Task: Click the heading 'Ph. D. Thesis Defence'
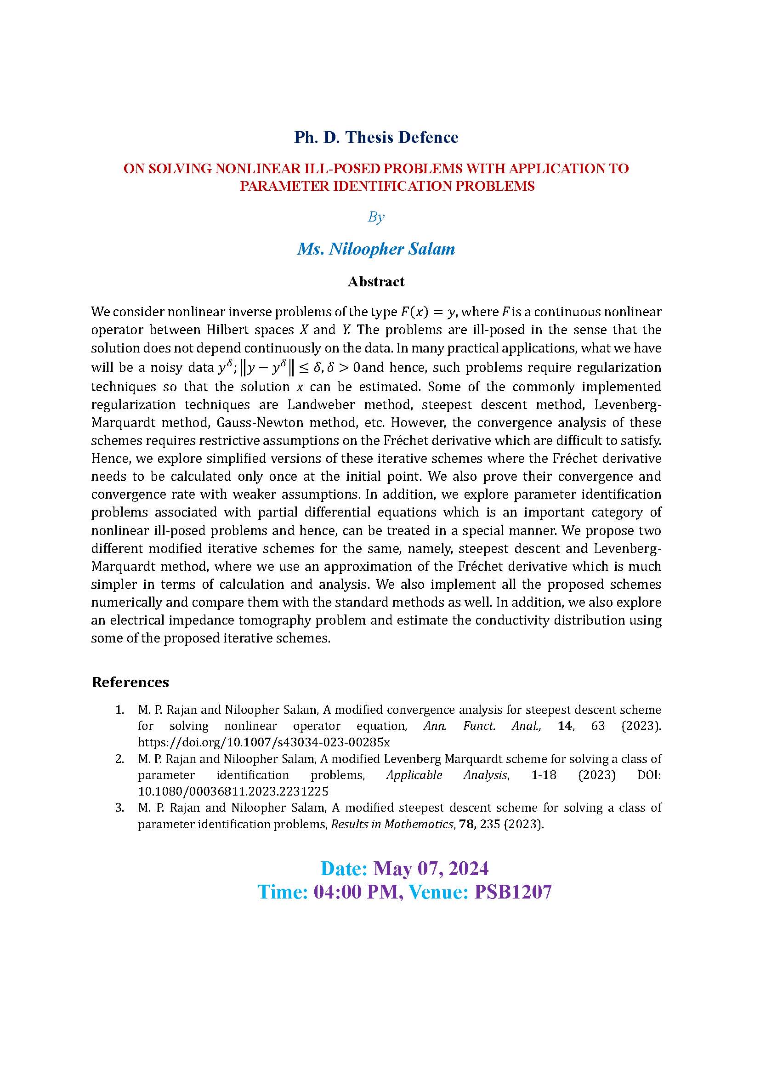[x=376, y=137]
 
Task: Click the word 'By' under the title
[x=376, y=217]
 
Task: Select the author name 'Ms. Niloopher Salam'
[x=376, y=249]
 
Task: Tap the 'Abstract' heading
[x=376, y=281]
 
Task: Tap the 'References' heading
[x=130, y=682]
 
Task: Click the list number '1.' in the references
[x=120, y=710]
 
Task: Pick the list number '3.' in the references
[x=120, y=807]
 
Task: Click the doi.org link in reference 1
[x=263, y=742]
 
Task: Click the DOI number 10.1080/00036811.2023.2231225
[x=233, y=791]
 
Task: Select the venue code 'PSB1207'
[x=513, y=892]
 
